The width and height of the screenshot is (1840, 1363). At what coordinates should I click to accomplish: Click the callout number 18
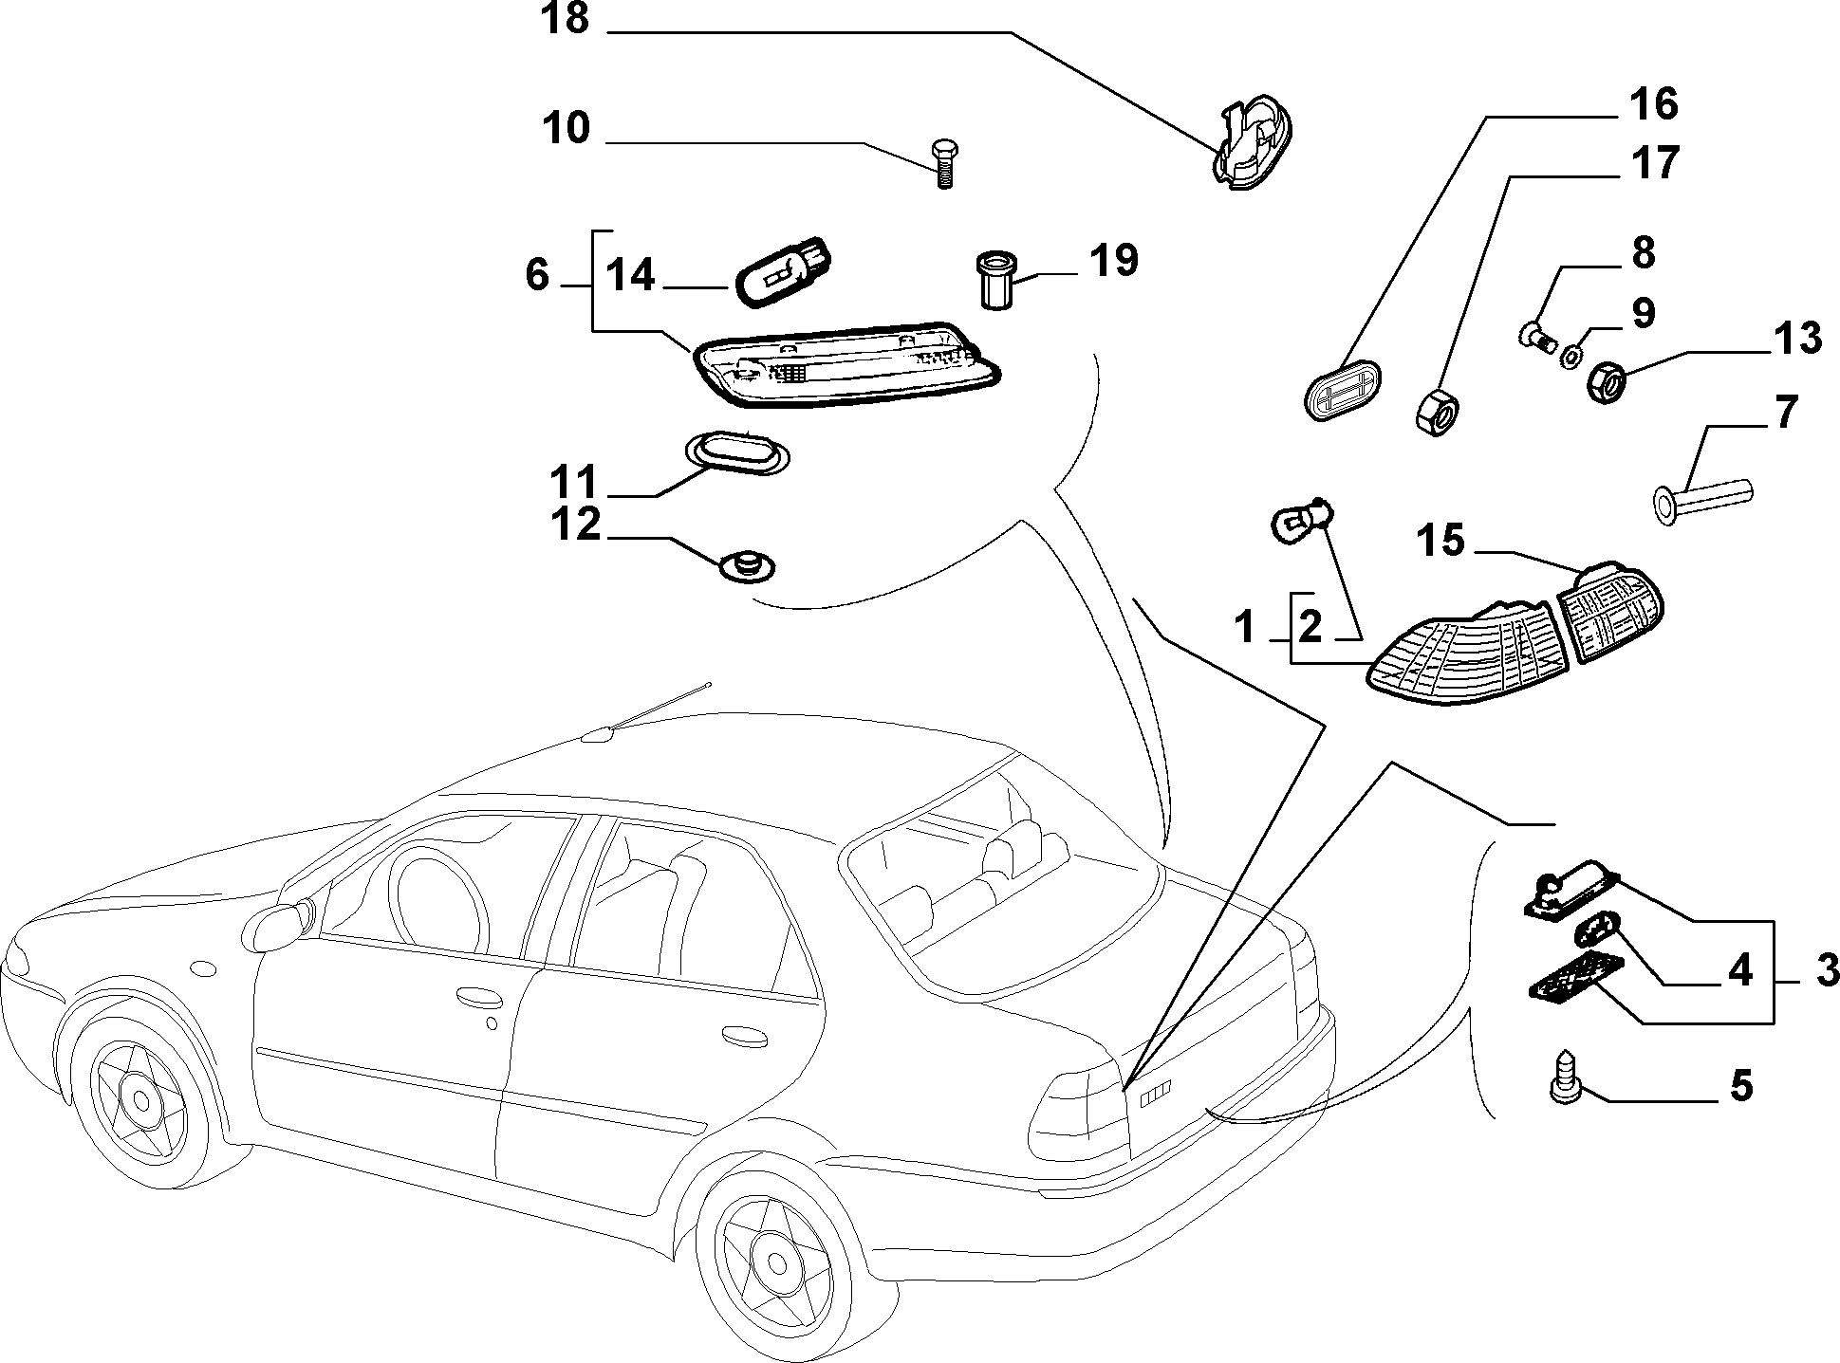(566, 19)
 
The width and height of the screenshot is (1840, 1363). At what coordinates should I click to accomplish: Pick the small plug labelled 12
(748, 567)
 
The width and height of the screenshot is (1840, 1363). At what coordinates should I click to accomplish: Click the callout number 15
(1440, 543)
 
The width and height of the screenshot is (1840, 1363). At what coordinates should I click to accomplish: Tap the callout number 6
(536, 275)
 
